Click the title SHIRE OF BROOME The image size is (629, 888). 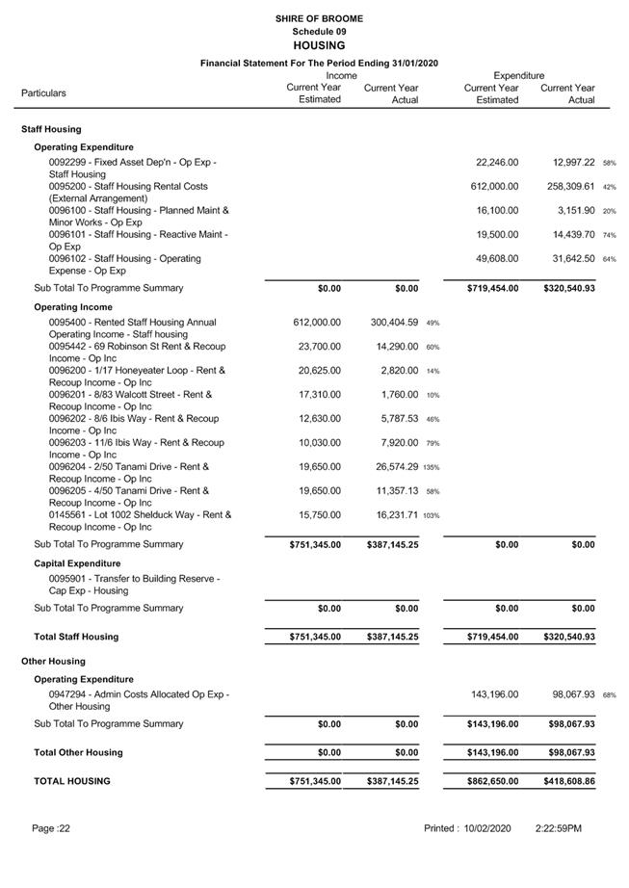318,18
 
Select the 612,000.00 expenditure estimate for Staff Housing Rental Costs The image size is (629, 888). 494,187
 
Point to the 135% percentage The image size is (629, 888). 432,467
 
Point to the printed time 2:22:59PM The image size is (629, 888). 559,828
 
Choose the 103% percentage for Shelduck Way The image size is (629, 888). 432,515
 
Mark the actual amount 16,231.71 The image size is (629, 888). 391,515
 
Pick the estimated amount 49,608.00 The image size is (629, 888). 497,259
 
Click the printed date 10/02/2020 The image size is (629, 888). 493,828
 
